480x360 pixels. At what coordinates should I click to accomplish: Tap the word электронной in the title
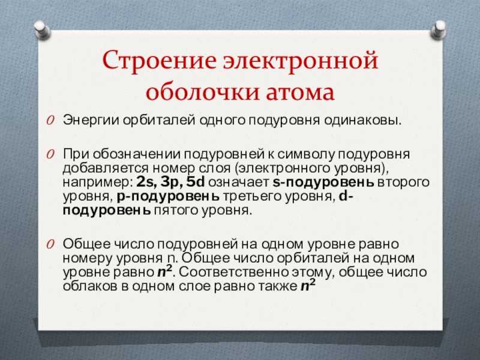[301, 61]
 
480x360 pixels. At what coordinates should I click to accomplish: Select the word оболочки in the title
[202, 92]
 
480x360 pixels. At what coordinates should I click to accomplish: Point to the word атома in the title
[300, 92]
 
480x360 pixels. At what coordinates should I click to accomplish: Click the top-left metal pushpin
[42, 30]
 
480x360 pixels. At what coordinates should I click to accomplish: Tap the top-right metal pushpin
[439, 30]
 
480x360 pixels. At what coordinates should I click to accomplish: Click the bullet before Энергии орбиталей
[50, 121]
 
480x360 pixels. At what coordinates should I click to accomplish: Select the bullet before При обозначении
[50, 154]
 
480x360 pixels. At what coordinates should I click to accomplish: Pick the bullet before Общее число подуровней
[50, 244]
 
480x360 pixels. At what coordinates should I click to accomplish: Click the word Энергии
[91, 121]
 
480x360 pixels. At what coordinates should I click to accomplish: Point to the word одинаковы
[362, 121]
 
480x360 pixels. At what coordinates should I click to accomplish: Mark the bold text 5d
[196, 182]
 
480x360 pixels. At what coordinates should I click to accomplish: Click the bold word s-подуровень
[323, 182]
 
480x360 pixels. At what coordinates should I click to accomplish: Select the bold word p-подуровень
[168, 197]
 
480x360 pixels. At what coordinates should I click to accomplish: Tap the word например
[97, 182]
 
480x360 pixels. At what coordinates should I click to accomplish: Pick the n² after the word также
[308, 286]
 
